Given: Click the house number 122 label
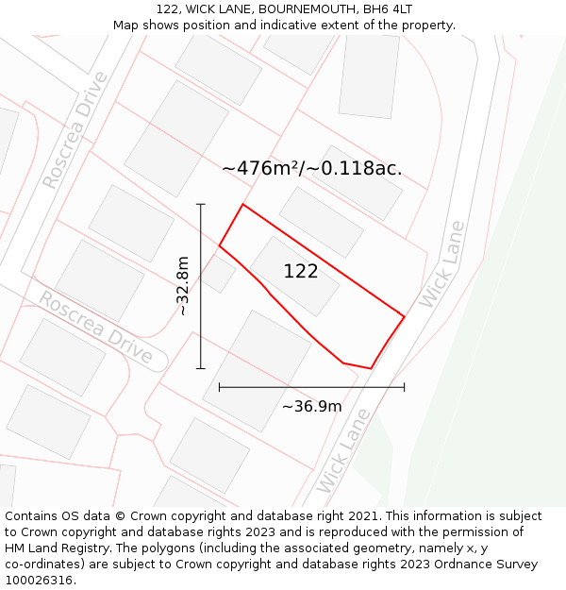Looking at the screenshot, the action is coord(301,272).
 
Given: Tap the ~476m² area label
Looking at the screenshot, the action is coord(311,169).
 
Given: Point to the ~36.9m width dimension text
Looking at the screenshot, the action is coord(311,407).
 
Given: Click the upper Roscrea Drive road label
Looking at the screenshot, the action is coord(75,142).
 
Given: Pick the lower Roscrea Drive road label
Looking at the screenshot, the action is coord(94,327).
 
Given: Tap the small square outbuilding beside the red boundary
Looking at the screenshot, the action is coord(218,274).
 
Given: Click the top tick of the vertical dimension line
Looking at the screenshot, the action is coord(201,204).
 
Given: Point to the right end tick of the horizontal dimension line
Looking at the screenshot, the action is coord(405,387).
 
